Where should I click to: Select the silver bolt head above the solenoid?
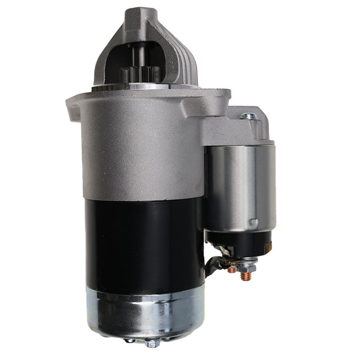click(249, 116)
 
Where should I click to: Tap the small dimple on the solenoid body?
click(254, 222)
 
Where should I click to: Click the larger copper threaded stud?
click(245, 276)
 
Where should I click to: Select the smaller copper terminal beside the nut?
click(231, 268)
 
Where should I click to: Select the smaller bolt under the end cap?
click(130, 340)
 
